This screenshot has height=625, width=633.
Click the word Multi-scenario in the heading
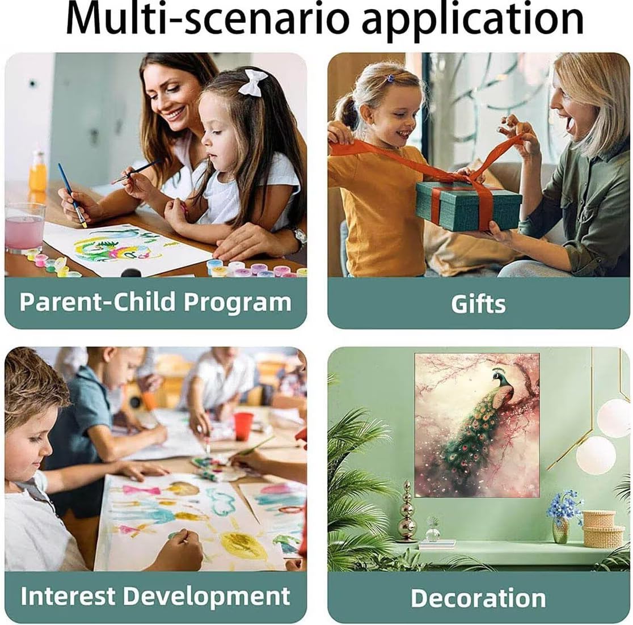pyautogui.click(x=206, y=19)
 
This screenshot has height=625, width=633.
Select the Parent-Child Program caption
pyautogui.click(x=155, y=302)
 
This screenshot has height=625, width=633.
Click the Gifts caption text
pyautogui.click(x=478, y=303)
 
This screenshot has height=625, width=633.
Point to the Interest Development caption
pyautogui.click(x=155, y=596)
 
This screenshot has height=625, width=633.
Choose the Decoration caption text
pyautogui.click(x=478, y=598)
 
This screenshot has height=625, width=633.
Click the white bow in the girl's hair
pyautogui.click(x=252, y=82)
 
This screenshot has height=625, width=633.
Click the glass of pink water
pyautogui.click(x=24, y=228)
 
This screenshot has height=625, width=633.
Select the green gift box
pyautogui.click(x=469, y=206)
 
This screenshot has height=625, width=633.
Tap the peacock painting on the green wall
pyautogui.click(x=477, y=425)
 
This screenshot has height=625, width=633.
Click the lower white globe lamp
pyautogui.click(x=596, y=455)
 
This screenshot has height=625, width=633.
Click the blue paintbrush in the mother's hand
pyautogui.click(x=72, y=195)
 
